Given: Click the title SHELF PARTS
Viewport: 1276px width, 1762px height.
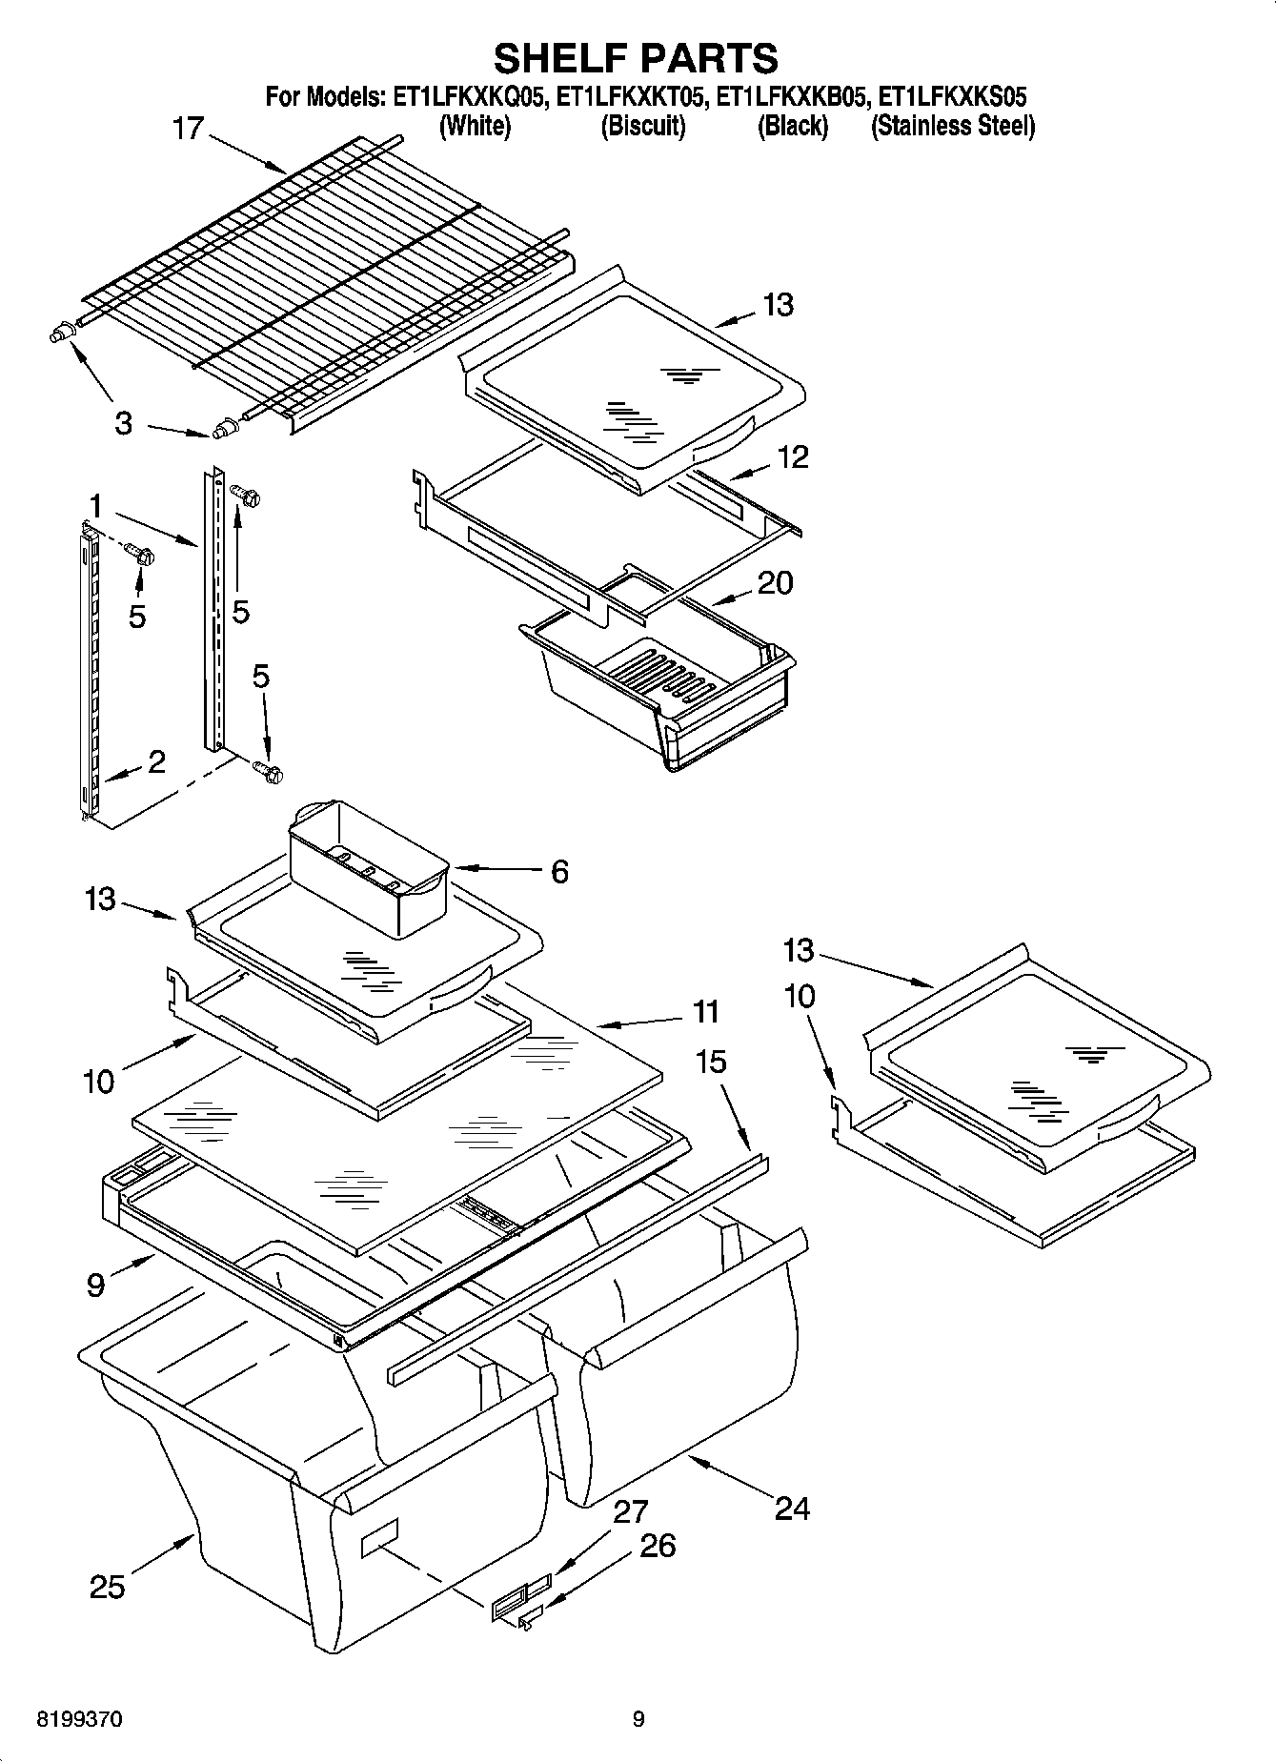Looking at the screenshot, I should pos(636,59).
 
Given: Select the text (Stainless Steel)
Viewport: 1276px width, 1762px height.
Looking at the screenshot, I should pos(952,127).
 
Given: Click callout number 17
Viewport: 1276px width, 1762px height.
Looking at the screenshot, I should pos(189,129).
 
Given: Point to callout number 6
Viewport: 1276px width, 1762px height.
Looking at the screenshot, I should pos(559,871).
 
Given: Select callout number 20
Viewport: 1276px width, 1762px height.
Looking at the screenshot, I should pos(774,582).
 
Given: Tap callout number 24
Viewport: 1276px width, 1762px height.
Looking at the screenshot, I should pos(792,1508).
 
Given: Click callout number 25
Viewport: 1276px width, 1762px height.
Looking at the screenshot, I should pos(108,1587).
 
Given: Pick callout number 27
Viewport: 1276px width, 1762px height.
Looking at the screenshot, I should pos(631,1512).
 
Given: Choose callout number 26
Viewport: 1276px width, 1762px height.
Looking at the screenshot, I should pos(658,1545).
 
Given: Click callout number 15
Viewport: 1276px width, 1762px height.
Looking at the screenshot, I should pos(711,1062).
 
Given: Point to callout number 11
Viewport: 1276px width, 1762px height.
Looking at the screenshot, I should pos(705,1011).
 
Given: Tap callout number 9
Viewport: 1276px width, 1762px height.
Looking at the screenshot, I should pos(95,1286).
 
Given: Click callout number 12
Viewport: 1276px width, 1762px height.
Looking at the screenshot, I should pos(792,457).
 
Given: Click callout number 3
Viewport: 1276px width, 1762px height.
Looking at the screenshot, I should pos(123,424).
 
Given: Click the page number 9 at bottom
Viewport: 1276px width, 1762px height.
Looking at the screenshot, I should pos(638,1719).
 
